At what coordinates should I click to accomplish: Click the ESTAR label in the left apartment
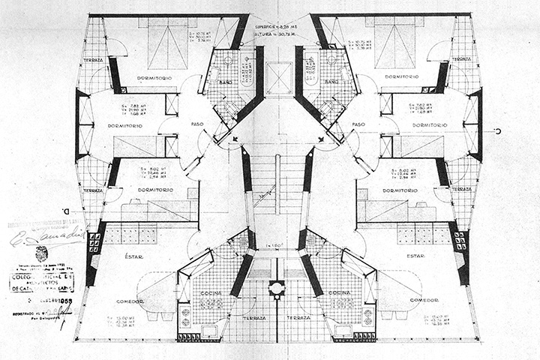[124, 256]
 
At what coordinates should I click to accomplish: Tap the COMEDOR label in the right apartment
[424, 299]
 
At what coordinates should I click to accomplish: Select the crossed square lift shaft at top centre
[277, 78]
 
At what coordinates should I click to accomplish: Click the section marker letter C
[497, 130]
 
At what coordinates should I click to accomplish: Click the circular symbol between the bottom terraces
[277, 287]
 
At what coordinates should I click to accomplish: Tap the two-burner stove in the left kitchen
[184, 317]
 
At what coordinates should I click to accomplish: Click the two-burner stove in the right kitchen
[367, 317]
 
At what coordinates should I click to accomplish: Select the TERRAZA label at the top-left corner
[93, 58]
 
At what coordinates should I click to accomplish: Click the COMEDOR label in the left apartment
[130, 299]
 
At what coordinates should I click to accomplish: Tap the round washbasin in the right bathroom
[331, 58]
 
